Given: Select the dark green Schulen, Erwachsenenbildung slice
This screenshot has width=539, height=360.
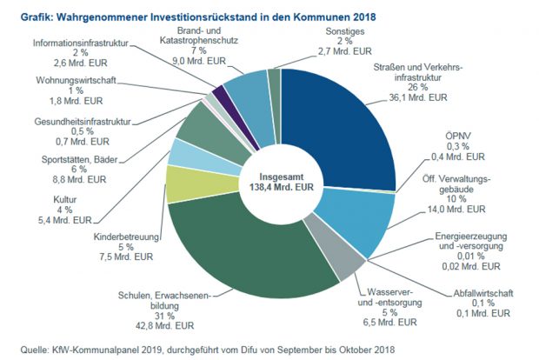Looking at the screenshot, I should pos(252,252).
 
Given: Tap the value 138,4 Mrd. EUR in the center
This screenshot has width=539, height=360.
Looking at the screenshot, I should pos(280,186).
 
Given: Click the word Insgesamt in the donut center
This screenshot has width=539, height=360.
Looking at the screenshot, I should pos(280,173).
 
